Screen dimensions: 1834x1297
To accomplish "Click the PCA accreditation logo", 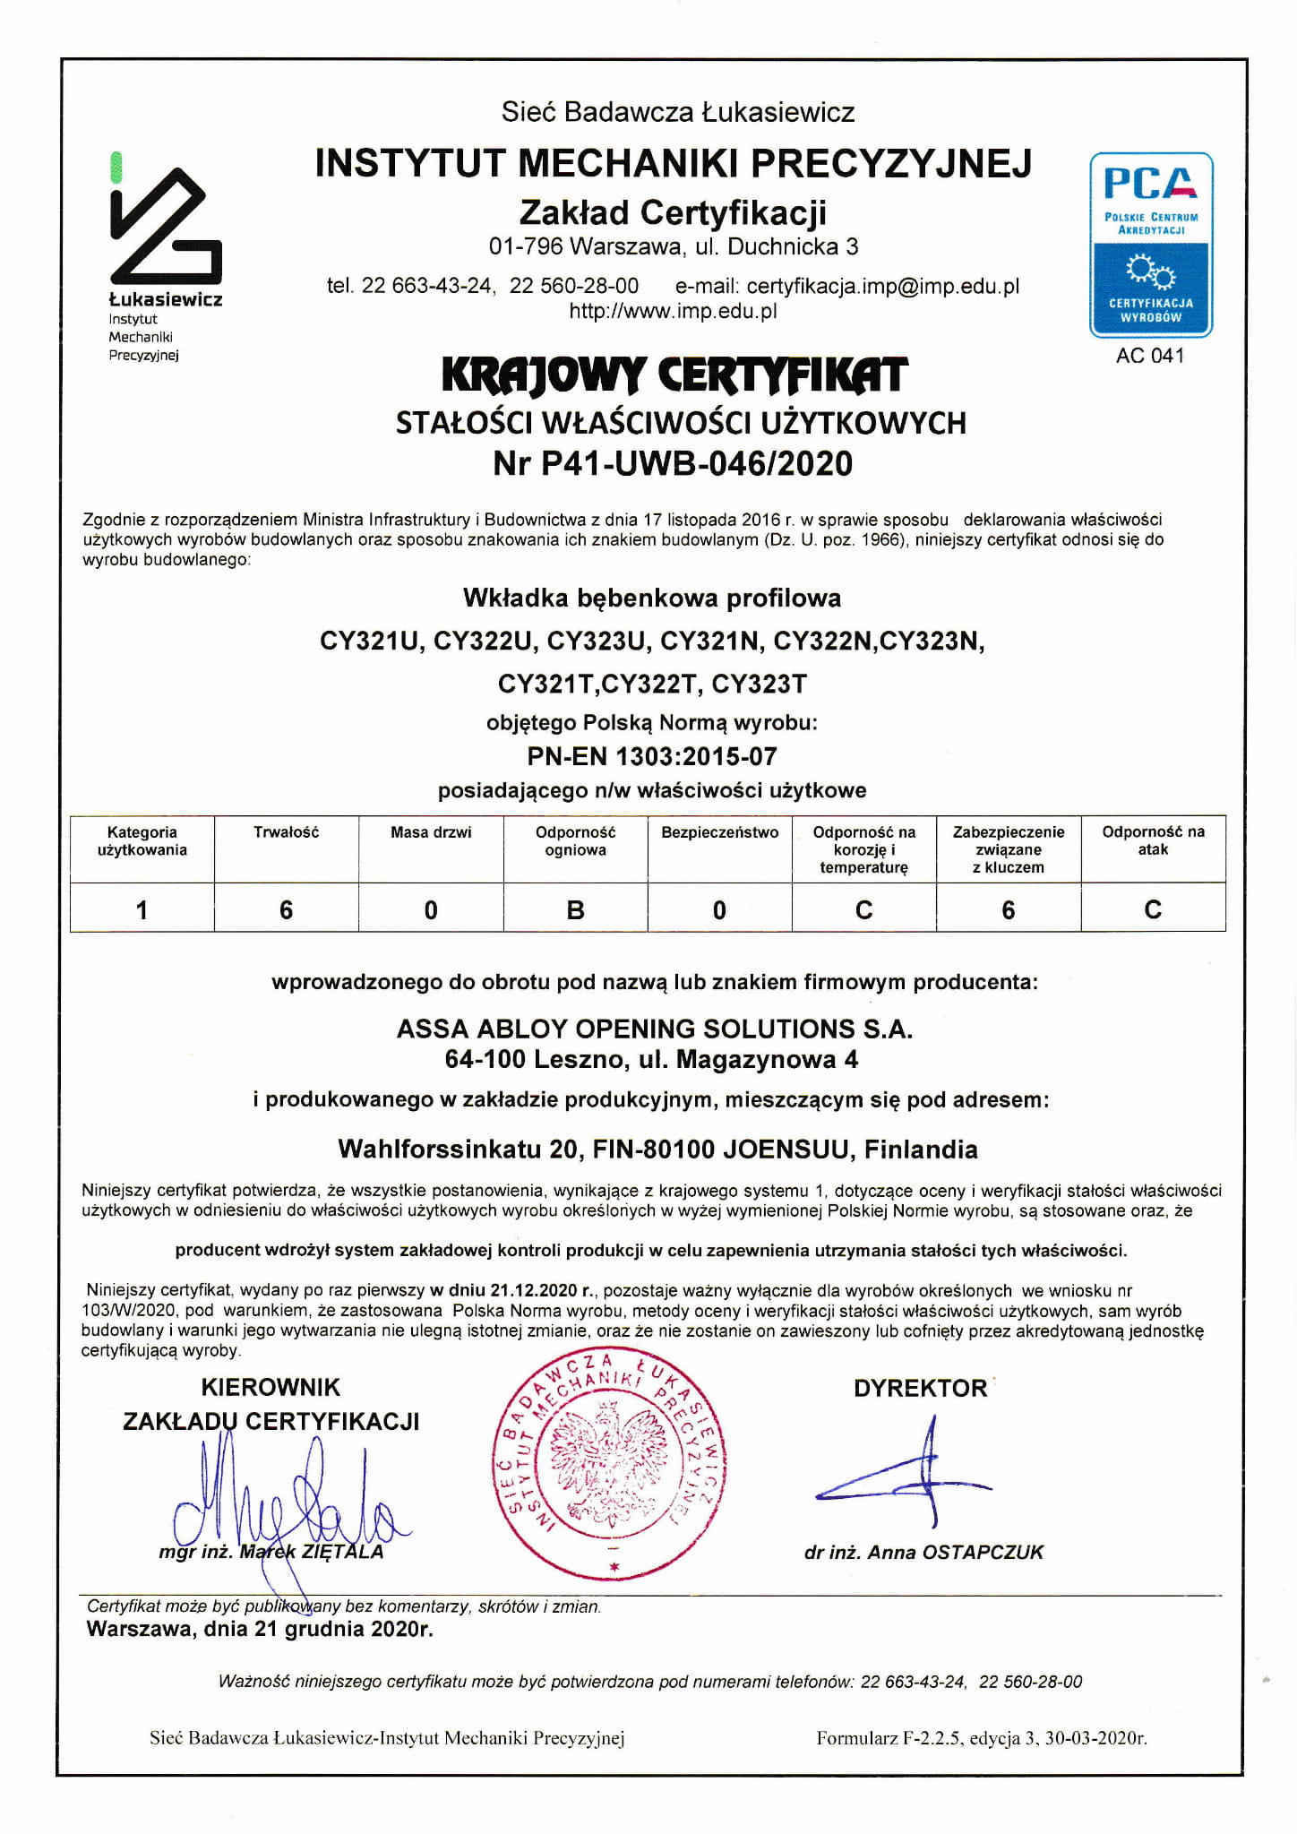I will tap(1150, 245).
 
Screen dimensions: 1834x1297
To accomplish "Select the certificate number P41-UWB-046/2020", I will tap(673, 463).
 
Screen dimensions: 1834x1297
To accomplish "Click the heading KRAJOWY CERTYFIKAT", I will tap(674, 375).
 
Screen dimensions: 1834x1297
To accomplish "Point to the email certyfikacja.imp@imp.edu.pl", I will tap(883, 286).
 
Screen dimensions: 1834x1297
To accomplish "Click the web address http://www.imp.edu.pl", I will tap(673, 311).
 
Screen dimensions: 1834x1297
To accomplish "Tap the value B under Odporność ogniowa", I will tap(575, 910).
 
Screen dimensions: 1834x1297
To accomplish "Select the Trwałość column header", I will tap(286, 832).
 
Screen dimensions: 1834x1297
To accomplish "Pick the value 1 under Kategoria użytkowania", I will tap(142, 910).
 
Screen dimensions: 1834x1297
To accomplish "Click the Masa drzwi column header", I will tap(431, 832).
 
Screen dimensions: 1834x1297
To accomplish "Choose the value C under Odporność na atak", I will tap(1153, 910).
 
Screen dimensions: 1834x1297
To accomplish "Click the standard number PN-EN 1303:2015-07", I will tap(652, 756).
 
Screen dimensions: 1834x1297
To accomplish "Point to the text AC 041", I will tap(1150, 356).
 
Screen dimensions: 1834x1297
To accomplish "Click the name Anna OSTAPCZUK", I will tap(956, 1553).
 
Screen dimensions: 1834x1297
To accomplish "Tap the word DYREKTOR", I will tap(920, 1388).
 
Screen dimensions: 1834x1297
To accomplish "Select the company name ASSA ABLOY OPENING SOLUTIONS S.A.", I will tap(655, 1029).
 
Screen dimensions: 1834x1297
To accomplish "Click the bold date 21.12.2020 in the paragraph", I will tap(534, 1291).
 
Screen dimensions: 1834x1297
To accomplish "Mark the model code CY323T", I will tap(759, 685).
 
